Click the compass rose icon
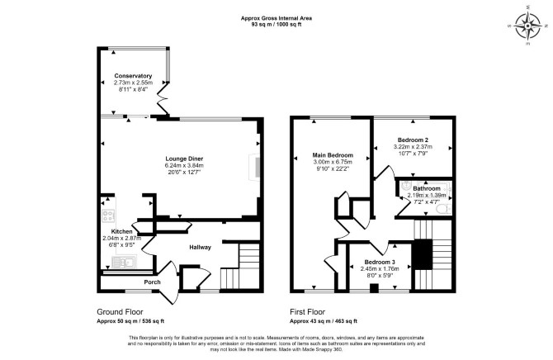tap(527, 26)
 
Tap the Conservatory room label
tap(133, 76)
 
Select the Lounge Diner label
tap(184, 159)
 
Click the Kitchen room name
tap(121, 231)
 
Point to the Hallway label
tap(200, 248)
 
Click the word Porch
tap(152, 282)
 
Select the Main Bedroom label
tap(333, 155)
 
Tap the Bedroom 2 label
tap(413, 140)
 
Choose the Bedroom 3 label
tap(380, 263)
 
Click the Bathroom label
tap(427, 188)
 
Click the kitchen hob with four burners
tap(108, 216)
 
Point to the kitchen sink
tap(124, 263)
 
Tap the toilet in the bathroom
tap(444, 209)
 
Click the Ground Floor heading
tap(120, 312)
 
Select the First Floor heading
tap(308, 312)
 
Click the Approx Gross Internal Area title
tap(276, 18)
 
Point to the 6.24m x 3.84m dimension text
tap(184, 165)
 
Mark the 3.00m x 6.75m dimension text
tap(333, 162)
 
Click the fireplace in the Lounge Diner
tap(255, 168)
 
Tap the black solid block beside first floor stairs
tap(423, 254)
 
